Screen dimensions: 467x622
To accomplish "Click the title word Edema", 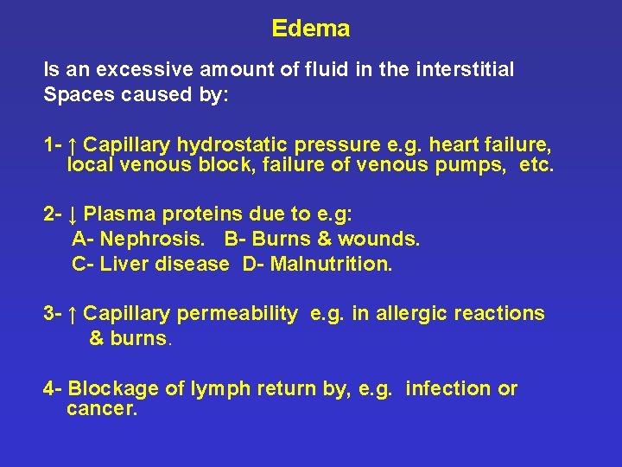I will (x=310, y=29).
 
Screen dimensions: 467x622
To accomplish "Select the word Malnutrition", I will (x=331, y=263).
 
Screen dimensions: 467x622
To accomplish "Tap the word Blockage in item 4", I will (x=113, y=389).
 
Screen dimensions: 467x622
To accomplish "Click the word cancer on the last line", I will (x=100, y=408).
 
